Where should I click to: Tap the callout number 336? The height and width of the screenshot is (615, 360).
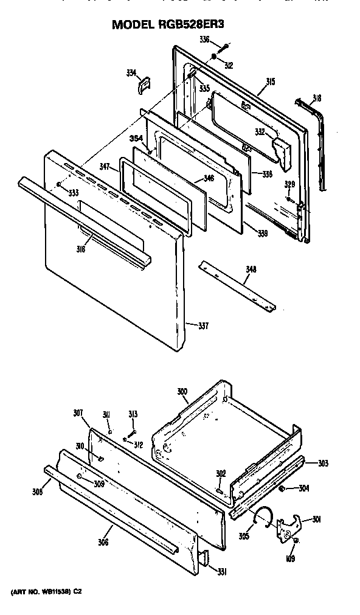tap(205, 40)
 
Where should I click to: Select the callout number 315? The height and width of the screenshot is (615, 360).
tap(270, 82)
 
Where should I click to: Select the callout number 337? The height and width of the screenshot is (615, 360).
tap(203, 325)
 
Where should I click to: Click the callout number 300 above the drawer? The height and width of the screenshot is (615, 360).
tap(182, 392)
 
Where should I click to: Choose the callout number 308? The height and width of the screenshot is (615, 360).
tap(38, 492)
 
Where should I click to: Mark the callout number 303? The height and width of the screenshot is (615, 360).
tap(323, 463)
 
